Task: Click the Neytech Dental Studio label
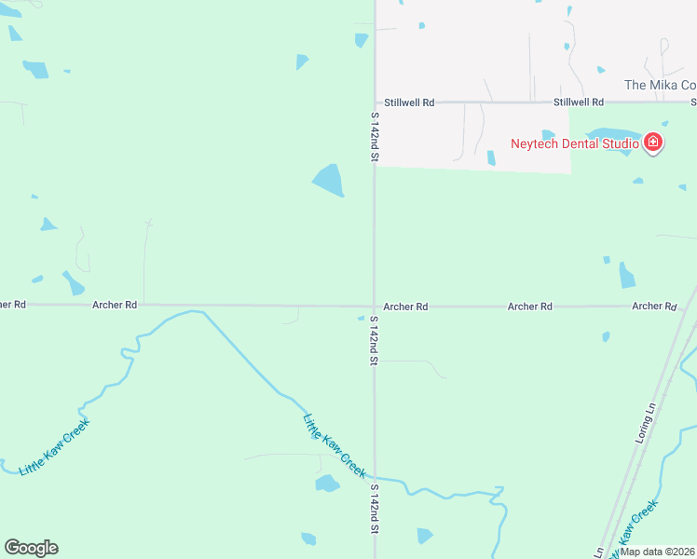pyautogui.click(x=574, y=143)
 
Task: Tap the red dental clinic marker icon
pyautogui.click(x=653, y=143)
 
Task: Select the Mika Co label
pyautogui.click(x=660, y=85)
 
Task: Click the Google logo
pyautogui.click(x=31, y=548)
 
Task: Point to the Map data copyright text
pyautogui.click(x=658, y=552)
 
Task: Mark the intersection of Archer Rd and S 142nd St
pyautogui.click(x=375, y=306)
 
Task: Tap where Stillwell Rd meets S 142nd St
pyautogui.click(x=375, y=102)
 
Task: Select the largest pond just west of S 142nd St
pyautogui.click(x=328, y=180)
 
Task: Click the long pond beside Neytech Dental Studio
pyautogui.click(x=610, y=140)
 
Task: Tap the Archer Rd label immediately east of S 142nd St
pyautogui.click(x=405, y=307)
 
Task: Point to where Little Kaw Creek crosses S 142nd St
pyautogui.click(x=375, y=480)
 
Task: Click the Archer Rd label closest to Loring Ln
pyautogui.click(x=653, y=307)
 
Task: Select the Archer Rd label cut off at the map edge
pyautogui.click(x=13, y=305)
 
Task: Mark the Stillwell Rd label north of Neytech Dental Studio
pyautogui.click(x=578, y=102)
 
